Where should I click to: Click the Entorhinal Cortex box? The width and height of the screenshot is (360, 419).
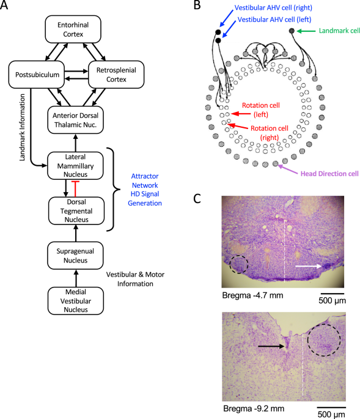(x=73, y=29)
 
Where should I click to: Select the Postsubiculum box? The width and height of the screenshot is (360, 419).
(x=37, y=75)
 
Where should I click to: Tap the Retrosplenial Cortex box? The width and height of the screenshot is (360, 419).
(x=116, y=75)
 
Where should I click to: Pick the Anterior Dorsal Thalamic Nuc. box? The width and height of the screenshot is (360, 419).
(x=75, y=120)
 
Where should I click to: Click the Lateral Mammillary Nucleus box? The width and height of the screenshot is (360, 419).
(x=75, y=166)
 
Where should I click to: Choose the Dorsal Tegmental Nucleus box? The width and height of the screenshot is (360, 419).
(x=76, y=211)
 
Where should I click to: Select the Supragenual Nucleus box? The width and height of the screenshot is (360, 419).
(x=75, y=256)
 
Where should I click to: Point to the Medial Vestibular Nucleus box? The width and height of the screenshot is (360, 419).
(x=76, y=301)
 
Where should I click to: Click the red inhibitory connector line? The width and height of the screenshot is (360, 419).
(x=76, y=189)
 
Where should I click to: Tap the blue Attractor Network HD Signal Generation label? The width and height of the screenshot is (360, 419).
(x=145, y=190)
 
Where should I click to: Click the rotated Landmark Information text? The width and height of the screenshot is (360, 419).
(x=22, y=127)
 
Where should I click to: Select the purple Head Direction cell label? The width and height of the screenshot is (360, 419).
(x=329, y=174)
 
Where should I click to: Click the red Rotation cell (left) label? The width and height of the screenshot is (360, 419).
(x=260, y=110)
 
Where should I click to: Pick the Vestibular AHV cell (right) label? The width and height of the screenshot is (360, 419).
(x=273, y=8)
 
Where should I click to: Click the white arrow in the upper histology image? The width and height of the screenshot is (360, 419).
(x=309, y=266)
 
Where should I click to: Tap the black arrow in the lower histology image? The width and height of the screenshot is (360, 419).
(x=271, y=346)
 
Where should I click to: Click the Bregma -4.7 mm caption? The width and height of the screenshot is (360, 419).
(x=252, y=295)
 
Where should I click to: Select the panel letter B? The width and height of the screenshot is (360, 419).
(x=197, y=6)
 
